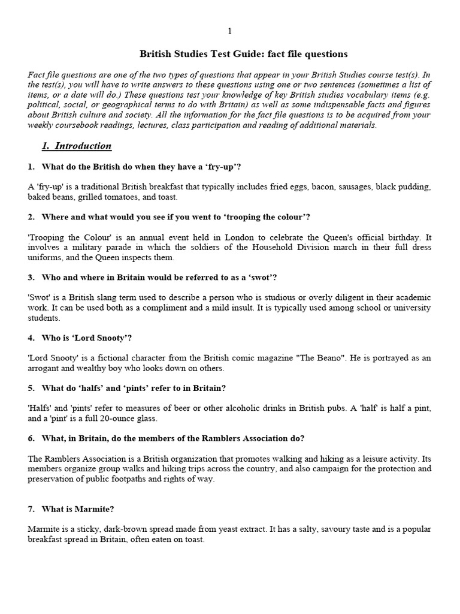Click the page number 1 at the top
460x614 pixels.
(229, 31)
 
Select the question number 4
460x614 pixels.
(31, 338)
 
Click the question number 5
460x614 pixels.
(31, 388)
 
